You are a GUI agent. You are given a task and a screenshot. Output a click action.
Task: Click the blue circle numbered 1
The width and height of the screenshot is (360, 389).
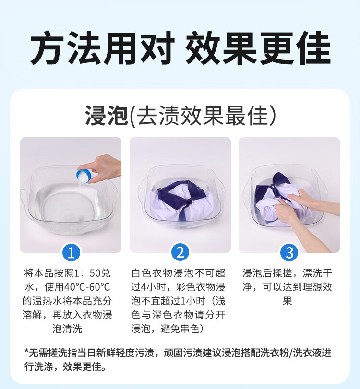[x=71, y=253]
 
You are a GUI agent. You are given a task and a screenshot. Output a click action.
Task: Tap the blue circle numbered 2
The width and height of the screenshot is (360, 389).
[x=180, y=252]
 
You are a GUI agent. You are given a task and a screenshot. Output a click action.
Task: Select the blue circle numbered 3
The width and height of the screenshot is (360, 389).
[x=289, y=253]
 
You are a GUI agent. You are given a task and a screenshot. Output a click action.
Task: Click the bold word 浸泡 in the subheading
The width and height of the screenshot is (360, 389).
[x=107, y=116]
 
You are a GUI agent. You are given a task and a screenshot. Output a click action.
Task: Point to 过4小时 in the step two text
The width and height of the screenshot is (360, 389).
[x=149, y=287]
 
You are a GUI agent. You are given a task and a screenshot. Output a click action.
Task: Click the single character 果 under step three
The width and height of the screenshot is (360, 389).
[x=287, y=301]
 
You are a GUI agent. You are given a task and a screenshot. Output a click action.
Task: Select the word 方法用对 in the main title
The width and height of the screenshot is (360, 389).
[x=102, y=47]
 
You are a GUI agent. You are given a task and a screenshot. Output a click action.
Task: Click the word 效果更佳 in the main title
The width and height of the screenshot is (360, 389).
[x=258, y=47]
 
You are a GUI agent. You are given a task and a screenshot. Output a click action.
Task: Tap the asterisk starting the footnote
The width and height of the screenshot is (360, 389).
[x=26, y=351]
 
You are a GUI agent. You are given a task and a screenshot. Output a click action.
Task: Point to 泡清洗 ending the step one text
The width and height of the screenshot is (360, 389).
[x=67, y=329]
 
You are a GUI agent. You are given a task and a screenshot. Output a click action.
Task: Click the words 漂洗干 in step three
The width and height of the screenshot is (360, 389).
[x=317, y=273]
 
